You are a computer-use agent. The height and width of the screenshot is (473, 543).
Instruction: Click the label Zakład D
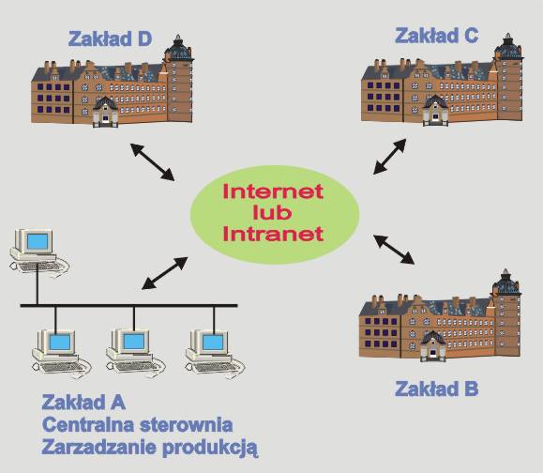110,38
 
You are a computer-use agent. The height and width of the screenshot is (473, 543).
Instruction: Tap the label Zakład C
437,36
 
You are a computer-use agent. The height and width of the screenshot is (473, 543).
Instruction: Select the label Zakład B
437,389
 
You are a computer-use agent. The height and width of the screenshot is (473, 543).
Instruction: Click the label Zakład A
83,403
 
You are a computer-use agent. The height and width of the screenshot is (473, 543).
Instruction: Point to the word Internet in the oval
273,191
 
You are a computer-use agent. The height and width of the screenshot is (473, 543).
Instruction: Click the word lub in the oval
273,212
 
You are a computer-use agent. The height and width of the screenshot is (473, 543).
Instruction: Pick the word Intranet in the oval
273,234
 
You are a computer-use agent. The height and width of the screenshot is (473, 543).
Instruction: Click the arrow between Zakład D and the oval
152,161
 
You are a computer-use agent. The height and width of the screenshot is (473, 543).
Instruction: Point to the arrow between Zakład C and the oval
389,157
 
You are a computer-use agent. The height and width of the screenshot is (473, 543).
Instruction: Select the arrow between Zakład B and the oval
394,250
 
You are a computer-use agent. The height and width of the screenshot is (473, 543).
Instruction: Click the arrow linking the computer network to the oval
165,273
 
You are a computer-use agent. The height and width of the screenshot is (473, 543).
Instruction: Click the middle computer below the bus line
135,353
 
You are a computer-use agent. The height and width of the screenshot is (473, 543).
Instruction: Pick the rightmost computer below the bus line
215,354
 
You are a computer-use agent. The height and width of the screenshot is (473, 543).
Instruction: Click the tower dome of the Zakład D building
178,49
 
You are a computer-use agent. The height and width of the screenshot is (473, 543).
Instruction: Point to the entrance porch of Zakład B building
432,346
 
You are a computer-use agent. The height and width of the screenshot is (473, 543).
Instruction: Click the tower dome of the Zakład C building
508,47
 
